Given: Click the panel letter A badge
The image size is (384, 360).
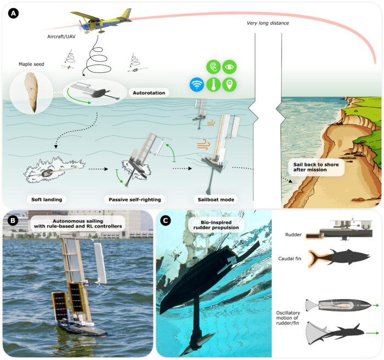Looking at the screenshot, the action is point(13,14).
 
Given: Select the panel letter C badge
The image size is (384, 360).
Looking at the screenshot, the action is point(166,221).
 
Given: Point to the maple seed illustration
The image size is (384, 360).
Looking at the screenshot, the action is point(31,92).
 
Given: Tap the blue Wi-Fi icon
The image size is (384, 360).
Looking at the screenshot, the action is point(196,84).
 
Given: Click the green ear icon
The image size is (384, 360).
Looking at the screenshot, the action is point(213,67).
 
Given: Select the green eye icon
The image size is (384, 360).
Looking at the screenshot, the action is point(229,67).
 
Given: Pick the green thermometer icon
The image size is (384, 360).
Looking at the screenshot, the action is point(213,84).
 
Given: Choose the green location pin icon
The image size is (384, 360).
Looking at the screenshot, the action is point(229,84).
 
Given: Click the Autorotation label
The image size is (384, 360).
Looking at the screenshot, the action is point(149,93).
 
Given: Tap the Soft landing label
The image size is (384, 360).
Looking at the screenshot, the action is point(47,199).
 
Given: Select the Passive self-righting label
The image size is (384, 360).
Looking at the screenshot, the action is point(135,199).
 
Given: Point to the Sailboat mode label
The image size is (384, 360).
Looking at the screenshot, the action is point(216,199).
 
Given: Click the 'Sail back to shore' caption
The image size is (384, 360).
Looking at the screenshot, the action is point(316,167).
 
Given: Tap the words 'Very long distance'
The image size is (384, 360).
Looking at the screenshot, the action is point(268,23).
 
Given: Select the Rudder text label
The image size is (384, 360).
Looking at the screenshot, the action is point(293,235).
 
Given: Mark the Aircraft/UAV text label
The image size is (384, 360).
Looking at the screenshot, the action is point(61,37).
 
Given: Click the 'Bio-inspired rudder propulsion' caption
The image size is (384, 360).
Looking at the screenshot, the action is point(216,225).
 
